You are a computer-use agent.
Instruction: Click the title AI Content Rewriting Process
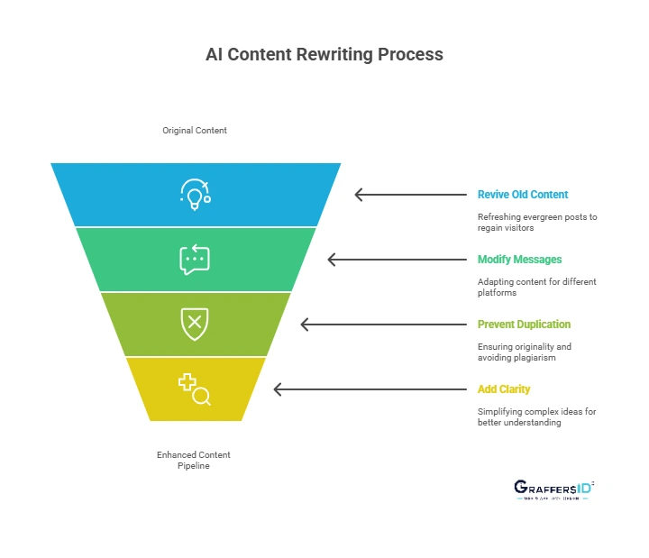click(324, 54)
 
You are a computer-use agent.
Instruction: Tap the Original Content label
click(195, 131)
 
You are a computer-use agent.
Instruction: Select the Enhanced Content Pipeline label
click(195, 460)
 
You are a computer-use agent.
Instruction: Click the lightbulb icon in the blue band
click(195, 194)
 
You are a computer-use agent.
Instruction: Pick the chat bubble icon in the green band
click(195, 260)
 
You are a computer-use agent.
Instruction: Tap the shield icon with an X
click(195, 324)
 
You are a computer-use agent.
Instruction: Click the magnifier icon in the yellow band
click(195, 389)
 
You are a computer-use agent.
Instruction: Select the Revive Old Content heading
click(523, 194)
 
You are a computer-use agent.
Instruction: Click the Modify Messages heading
click(519, 260)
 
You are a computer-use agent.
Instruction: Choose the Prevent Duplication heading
click(524, 325)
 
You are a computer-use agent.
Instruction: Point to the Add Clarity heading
click(504, 389)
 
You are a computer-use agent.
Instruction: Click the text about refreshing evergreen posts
click(537, 223)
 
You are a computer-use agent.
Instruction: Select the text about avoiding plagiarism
click(525, 352)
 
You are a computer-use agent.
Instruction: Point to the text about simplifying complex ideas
click(537, 416)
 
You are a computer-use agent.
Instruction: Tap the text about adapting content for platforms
click(537, 287)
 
